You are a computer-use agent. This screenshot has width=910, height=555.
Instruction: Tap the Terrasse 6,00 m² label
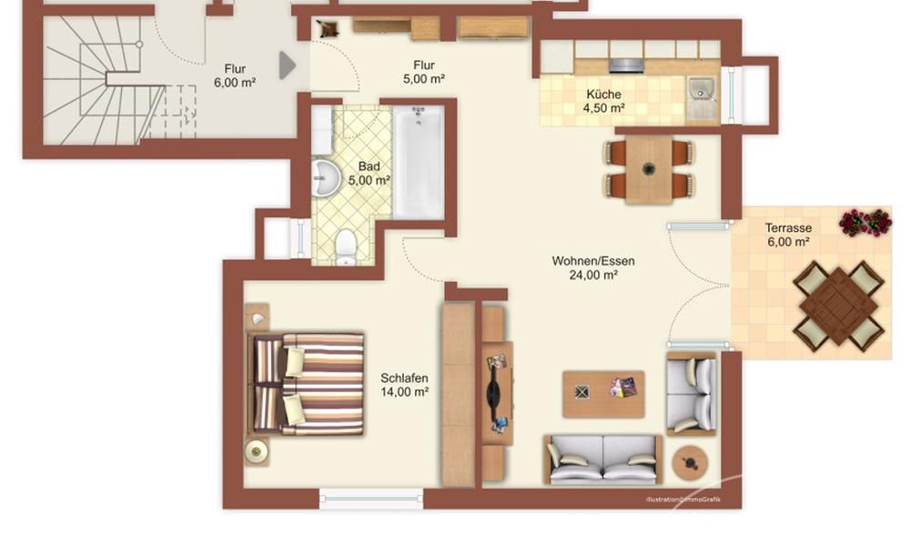pyautogui.click(x=788, y=235)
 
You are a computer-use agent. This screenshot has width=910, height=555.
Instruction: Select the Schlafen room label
pyautogui.click(x=405, y=385)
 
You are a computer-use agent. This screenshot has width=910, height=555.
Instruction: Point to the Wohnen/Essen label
pyautogui.click(x=593, y=267)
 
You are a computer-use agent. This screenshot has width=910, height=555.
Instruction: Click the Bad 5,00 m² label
pyautogui.click(x=369, y=174)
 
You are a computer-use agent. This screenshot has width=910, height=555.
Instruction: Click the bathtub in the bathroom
pyautogui.click(x=419, y=162)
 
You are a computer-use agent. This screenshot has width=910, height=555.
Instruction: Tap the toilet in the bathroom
pyautogui.click(x=346, y=247)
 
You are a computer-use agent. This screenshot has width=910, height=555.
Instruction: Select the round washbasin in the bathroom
pyautogui.click(x=326, y=177)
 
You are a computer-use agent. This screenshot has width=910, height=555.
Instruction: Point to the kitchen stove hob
pyautogui.click(x=627, y=65)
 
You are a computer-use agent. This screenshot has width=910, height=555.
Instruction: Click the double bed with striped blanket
pyautogui.click(x=307, y=384)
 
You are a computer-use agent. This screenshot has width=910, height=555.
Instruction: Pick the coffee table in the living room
pyautogui.click(x=603, y=394)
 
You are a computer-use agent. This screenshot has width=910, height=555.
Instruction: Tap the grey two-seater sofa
pyautogui.click(x=603, y=459)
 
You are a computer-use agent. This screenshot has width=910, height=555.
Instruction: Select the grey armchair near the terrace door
pyautogui.click(x=692, y=394)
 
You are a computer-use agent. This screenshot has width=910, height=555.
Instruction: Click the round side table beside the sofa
pyautogui.click(x=690, y=463)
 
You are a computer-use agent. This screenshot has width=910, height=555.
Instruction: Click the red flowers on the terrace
pyautogui.click(x=865, y=222)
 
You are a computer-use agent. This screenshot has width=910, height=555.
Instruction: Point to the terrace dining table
pyautogui.click(x=839, y=306)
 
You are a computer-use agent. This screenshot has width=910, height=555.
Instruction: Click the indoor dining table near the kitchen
pyautogui.click(x=649, y=169)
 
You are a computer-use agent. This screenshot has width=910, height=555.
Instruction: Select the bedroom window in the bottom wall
pyautogui.click(x=371, y=499)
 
